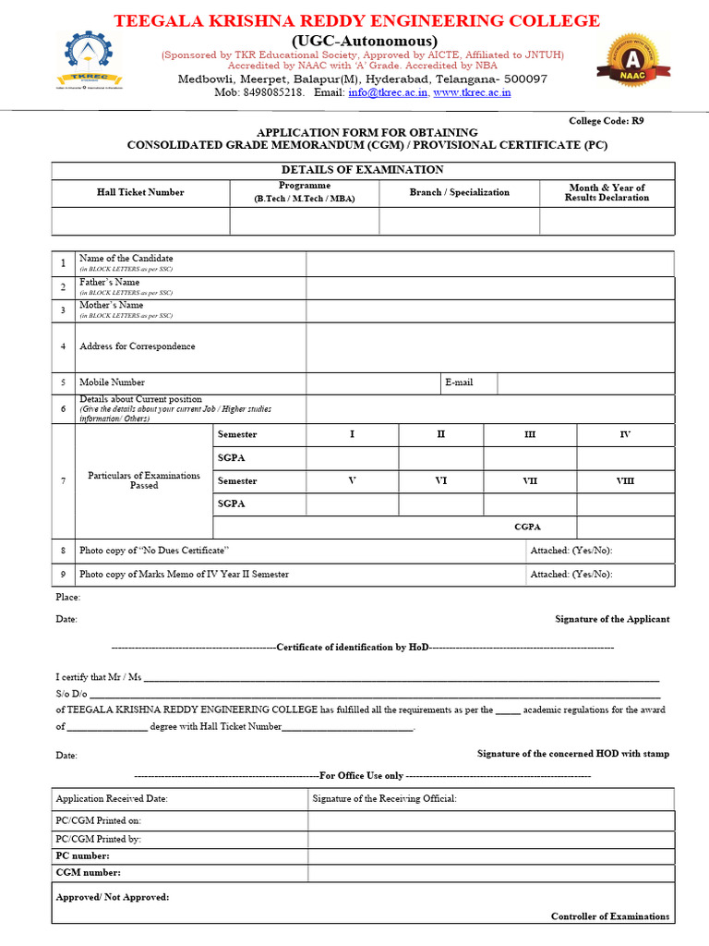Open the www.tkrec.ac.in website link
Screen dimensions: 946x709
pos(472,92)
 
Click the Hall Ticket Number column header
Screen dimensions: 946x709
pos(140,192)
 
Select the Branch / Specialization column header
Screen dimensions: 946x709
pos(459,192)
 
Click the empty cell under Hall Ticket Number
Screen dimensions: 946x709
pos(140,222)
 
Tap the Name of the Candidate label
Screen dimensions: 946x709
pos(126,259)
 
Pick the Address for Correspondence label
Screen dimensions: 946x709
pos(138,346)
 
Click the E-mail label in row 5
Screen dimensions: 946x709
pos(459,382)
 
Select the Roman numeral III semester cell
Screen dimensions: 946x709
pos(530,434)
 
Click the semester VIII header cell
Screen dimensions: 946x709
pos(625,481)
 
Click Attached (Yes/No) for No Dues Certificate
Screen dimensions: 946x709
pos(571,551)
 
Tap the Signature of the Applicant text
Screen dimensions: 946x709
pos(612,619)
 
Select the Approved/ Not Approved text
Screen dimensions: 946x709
pos(113,897)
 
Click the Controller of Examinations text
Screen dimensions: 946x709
pos(610,916)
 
